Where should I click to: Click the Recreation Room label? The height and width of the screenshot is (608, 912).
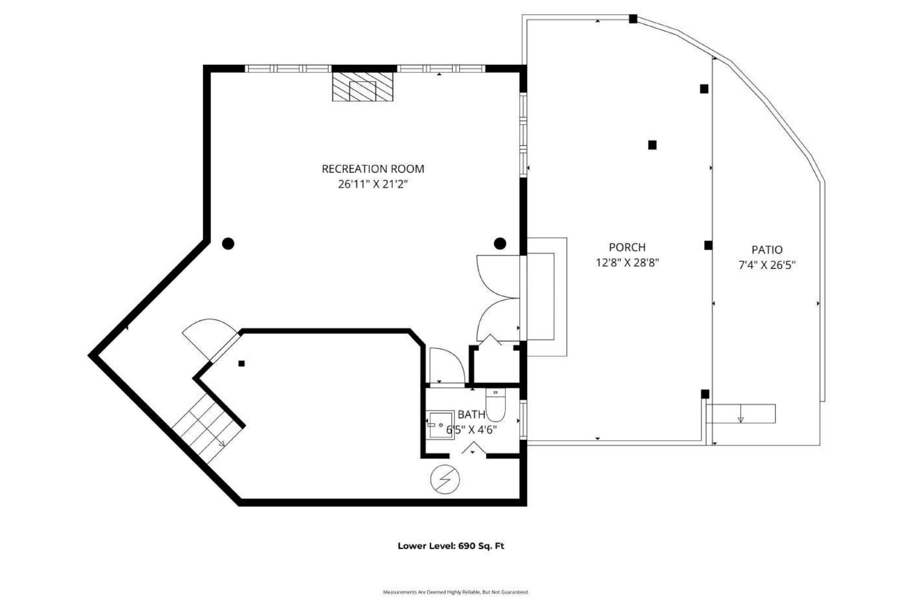pos(373,169)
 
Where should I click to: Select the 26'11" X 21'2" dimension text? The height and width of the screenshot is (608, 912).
pos(373,184)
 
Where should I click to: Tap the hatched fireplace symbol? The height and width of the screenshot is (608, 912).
pos(363,87)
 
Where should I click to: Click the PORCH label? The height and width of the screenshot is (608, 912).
pos(627,247)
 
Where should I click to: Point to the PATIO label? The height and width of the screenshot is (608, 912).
pos(767,249)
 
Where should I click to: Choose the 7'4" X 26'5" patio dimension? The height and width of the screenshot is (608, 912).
pos(767,265)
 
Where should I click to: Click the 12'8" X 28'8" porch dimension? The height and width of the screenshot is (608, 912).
pos(627,263)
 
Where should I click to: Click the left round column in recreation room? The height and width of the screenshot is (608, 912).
pos(228,244)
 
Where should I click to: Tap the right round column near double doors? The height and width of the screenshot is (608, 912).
pos(500,244)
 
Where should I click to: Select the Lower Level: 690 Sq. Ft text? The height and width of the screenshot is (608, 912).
pos(450,546)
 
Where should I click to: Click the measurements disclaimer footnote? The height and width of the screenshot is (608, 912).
pos(455,592)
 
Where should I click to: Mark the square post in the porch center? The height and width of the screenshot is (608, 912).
pos(652,145)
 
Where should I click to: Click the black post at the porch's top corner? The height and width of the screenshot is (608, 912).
pos(633,19)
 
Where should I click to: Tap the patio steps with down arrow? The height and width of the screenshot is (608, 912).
pos(741,413)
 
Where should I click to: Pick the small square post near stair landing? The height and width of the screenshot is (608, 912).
pos(242,363)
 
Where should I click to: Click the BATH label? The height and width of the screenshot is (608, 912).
pos(471,414)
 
